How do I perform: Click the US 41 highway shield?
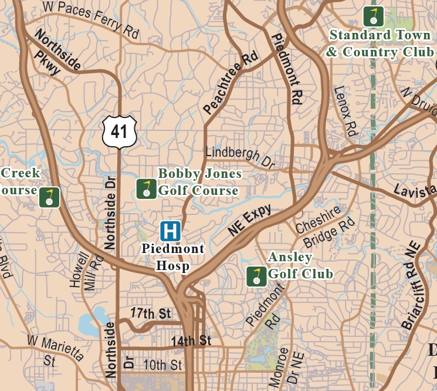(x=119, y=131)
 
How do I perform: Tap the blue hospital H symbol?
(x=171, y=231)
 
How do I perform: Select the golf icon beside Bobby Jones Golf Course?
(x=146, y=189)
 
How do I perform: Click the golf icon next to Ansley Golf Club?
(x=256, y=276)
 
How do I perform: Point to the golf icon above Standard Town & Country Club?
(x=372, y=15)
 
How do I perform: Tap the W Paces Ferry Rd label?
(x=90, y=19)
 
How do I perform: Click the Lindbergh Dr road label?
(x=240, y=156)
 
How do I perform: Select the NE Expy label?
(x=250, y=221)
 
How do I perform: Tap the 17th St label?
(x=150, y=314)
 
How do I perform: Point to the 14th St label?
(x=191, y=341)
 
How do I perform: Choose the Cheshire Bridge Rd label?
(x=324, y=228)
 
